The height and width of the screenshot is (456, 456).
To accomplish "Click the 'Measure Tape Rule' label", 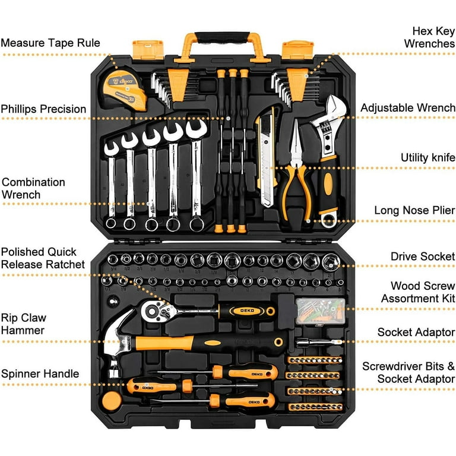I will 50,43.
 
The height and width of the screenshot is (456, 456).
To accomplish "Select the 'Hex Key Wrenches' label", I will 429,37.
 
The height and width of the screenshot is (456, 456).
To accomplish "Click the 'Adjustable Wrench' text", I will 407,108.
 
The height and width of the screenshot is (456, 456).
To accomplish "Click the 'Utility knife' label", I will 423,157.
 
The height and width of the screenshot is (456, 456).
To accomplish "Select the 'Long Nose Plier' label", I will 414,210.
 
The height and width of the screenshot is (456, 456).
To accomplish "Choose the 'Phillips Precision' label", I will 43,109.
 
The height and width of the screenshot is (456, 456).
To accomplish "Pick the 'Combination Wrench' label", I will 33,188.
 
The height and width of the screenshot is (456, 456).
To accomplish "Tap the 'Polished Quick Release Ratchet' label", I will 43,258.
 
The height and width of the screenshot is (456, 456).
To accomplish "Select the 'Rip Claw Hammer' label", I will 23,324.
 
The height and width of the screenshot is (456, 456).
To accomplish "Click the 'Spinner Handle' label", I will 40,373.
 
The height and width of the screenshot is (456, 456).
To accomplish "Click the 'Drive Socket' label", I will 422,256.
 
